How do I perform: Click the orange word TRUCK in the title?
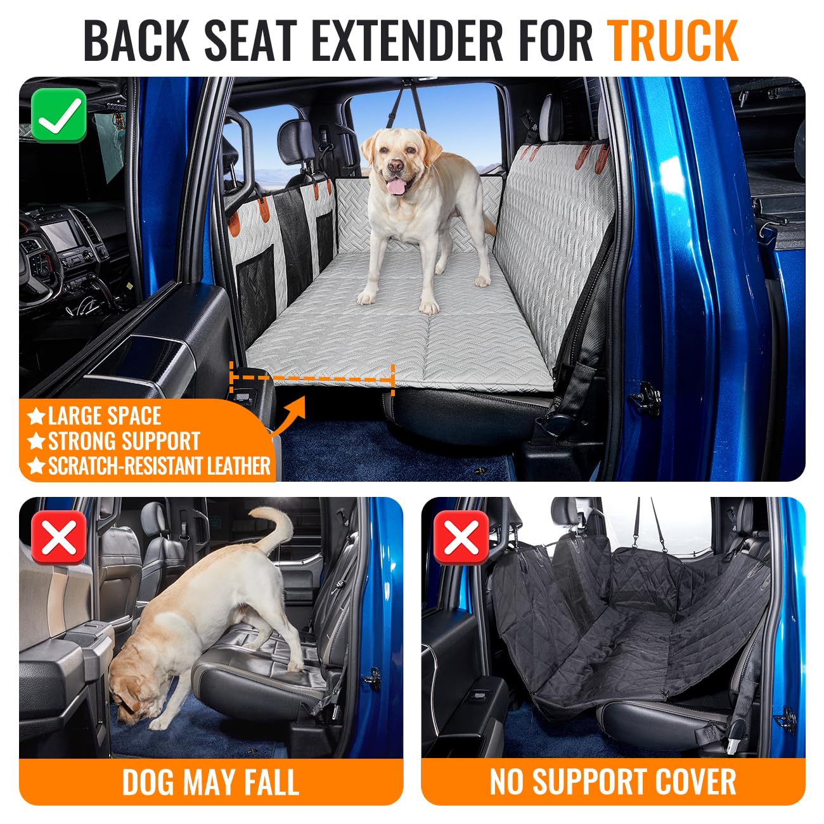[673, 41]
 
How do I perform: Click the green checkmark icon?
[59, 115]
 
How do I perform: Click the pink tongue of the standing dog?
[397, 186]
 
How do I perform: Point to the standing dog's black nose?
[396, 167]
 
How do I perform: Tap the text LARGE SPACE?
[105, 416]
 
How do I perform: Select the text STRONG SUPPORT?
[124, 441]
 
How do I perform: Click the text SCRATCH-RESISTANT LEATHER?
[159, 467]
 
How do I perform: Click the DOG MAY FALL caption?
[210, 782]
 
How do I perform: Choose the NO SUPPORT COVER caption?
[613, 782]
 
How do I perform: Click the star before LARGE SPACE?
[37, 417]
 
